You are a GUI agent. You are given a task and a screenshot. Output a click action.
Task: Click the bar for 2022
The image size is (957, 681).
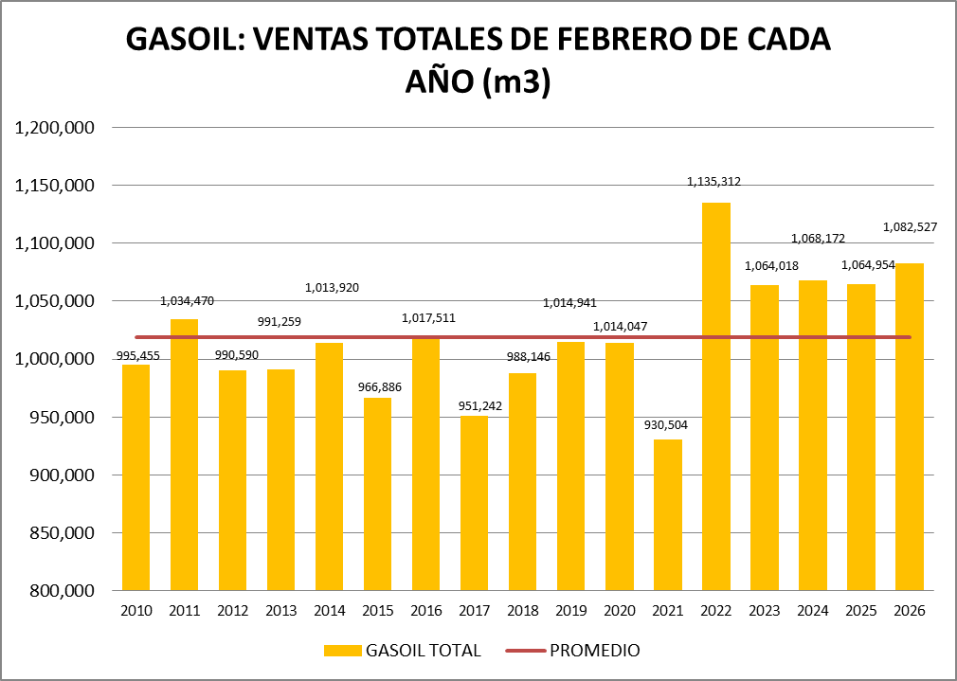pos(716,398)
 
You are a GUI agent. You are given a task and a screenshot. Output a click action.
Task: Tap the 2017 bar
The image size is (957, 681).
pos(475,503)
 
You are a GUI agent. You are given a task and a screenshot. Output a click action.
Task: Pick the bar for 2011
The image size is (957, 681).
pos(185,455)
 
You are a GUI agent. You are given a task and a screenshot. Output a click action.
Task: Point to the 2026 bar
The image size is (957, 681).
pos(910,426)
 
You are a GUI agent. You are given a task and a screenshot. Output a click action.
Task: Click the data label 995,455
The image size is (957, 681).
pos(137,354)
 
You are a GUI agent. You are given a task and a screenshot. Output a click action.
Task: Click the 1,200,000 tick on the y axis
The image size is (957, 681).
pos(54,128)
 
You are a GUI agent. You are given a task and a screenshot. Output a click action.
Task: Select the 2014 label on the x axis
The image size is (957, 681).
pos(330,611)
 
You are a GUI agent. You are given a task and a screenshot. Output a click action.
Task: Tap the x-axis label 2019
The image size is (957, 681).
pos(571,611)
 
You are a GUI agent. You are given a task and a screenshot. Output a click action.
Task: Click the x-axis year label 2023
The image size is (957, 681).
pos(765,611)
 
